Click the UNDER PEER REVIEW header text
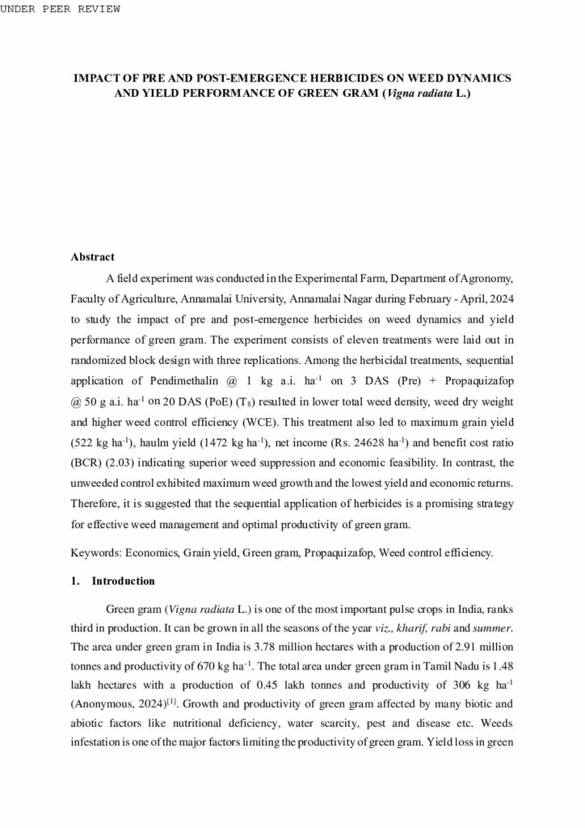(x=61, y=9)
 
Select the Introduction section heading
(x=123, y=581)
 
